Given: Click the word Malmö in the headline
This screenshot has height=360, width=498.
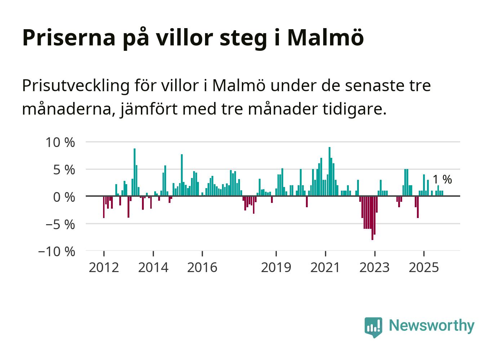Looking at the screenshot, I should click(x=325, y=37).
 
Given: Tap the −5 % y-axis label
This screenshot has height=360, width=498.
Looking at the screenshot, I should click(x=60, y=224).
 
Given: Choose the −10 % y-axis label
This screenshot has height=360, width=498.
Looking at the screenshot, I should click(x=57, y=251).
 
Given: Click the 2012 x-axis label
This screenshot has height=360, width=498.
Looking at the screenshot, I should click(x=104, y=267).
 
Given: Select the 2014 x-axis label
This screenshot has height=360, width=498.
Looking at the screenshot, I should click(x=153, y=267).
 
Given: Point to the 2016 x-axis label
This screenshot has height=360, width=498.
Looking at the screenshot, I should click(x=202, y=267).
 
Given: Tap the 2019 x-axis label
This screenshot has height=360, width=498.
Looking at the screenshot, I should click(x=276, y=267).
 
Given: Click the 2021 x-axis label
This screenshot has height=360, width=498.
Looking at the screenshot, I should click(x=325, y=267).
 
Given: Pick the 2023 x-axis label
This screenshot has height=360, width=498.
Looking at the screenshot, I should click(x=375, y=267).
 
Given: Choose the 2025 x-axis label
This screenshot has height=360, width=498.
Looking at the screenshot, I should click(x=424, y=267).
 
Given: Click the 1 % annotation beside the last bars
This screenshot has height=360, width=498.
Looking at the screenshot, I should click(x=442, y=179).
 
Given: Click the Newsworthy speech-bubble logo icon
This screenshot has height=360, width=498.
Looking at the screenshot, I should click(x=373, y=326).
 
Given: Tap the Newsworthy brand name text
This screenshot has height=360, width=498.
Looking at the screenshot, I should click(x=432, y=325).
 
